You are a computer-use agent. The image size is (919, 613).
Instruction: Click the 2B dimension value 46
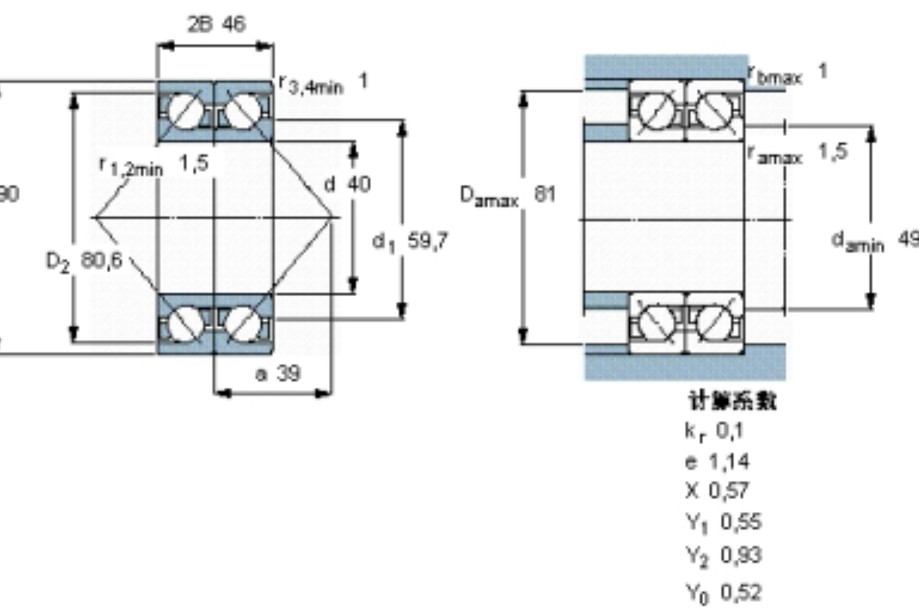pyautogui.click(x=233, y=24)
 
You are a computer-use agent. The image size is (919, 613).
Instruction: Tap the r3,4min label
pyautogui.click(x=311, y=84)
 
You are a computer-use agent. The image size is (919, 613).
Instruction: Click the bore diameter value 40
pyautogui.click(x=358, y=185)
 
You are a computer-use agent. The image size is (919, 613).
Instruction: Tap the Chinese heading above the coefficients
pyautogui.click(x=732, y=400)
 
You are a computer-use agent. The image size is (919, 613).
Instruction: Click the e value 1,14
pyautogui.click(x=732, y=462)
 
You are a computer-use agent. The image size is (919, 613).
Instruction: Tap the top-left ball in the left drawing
pyautogui.click(x=183, y=111)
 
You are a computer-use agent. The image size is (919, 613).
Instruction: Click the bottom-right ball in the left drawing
pyautogui.click(x=241, y=324)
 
